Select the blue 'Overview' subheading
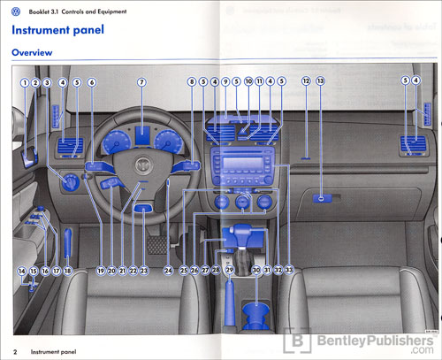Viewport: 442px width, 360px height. click(31, 53)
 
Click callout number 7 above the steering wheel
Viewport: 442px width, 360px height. click(141, 82)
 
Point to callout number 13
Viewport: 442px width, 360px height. click(320, 82)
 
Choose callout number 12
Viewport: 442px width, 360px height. click(305, 82)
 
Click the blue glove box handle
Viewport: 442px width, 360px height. click(324, 201)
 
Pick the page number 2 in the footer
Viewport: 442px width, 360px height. click(16, 351)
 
